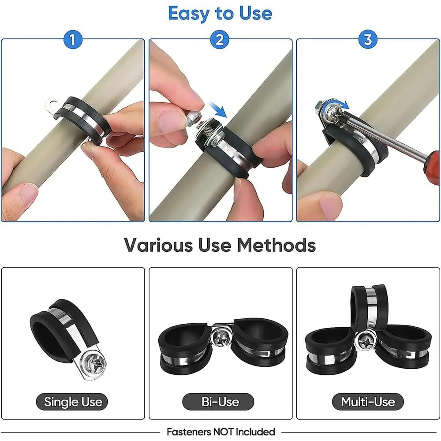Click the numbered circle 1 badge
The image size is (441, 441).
(73, 40)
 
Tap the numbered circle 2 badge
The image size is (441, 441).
(220, 40)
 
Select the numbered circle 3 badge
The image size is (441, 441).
(368, 39)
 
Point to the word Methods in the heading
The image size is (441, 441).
(276, 245)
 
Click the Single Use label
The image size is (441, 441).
(73, 402)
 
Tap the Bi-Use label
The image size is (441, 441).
(220, 402)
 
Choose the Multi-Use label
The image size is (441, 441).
(368, 402)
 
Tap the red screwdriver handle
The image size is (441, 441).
(432, 167)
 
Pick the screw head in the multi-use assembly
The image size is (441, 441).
(367, 342)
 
